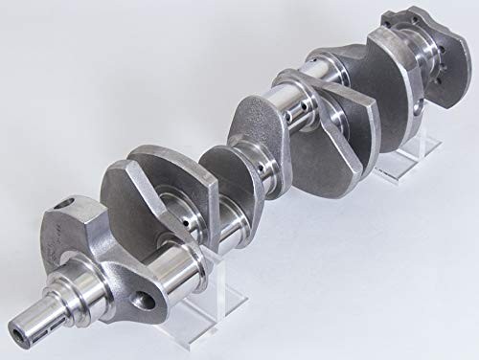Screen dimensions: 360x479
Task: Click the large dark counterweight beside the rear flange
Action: [364, 81]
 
